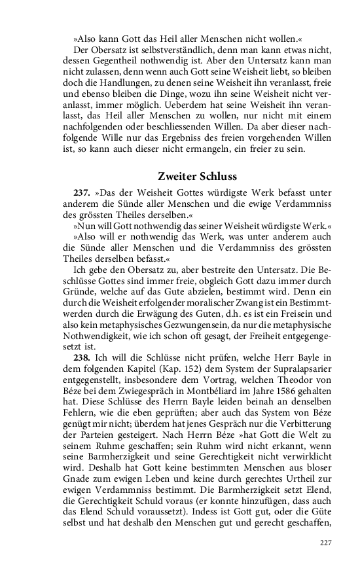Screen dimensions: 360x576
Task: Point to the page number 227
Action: click(326, 543)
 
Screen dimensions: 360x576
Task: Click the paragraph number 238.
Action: click(82, 357)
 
